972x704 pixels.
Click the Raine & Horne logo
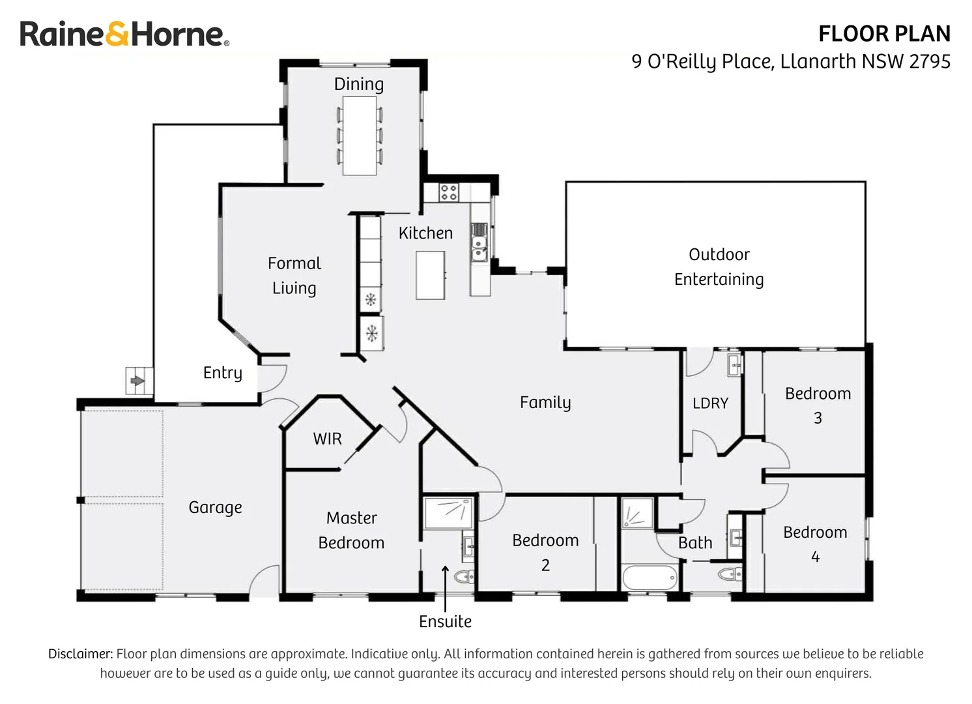pyautogui.click(x=124, y=35)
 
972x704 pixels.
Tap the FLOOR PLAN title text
pyautogui.click(x=884, y=33)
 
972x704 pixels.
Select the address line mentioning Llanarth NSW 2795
pyautogui.click(x=790, y=61)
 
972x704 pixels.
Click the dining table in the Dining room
pyautogui.click(x=360, y=136)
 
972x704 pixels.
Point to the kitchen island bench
pyautogui.click(x=431, y=275)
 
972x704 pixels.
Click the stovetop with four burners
pyautogui.click(x=448, y=192)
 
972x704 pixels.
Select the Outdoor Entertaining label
pyautogui.click(x=719, y=267)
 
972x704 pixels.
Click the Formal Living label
pyautogui.click(x=294, y=275)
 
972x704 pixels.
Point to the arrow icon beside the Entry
pyautogui.click(x=137, y=381)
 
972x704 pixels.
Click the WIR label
pyautogui.click(x=327, y=439)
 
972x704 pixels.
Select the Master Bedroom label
pyautogui.click(x=351, y=530)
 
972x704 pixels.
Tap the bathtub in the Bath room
pyautogui.click(x=650, y=578)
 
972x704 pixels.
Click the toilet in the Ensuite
pyautogui.click(x=465, y=577)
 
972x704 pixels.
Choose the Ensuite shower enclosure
pyautogui.click(x=448, y=512)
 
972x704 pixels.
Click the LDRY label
pyautogui.click(x=710, y=403)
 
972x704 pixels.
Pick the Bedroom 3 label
pyautogui.click(x=818, y=405)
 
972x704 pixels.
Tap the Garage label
pyautogui.click(x=215, y=507)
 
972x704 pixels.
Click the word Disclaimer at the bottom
pyautogui.click(x=80, y=654)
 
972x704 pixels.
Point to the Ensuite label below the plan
pyautogui.click(x=445, y=621)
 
